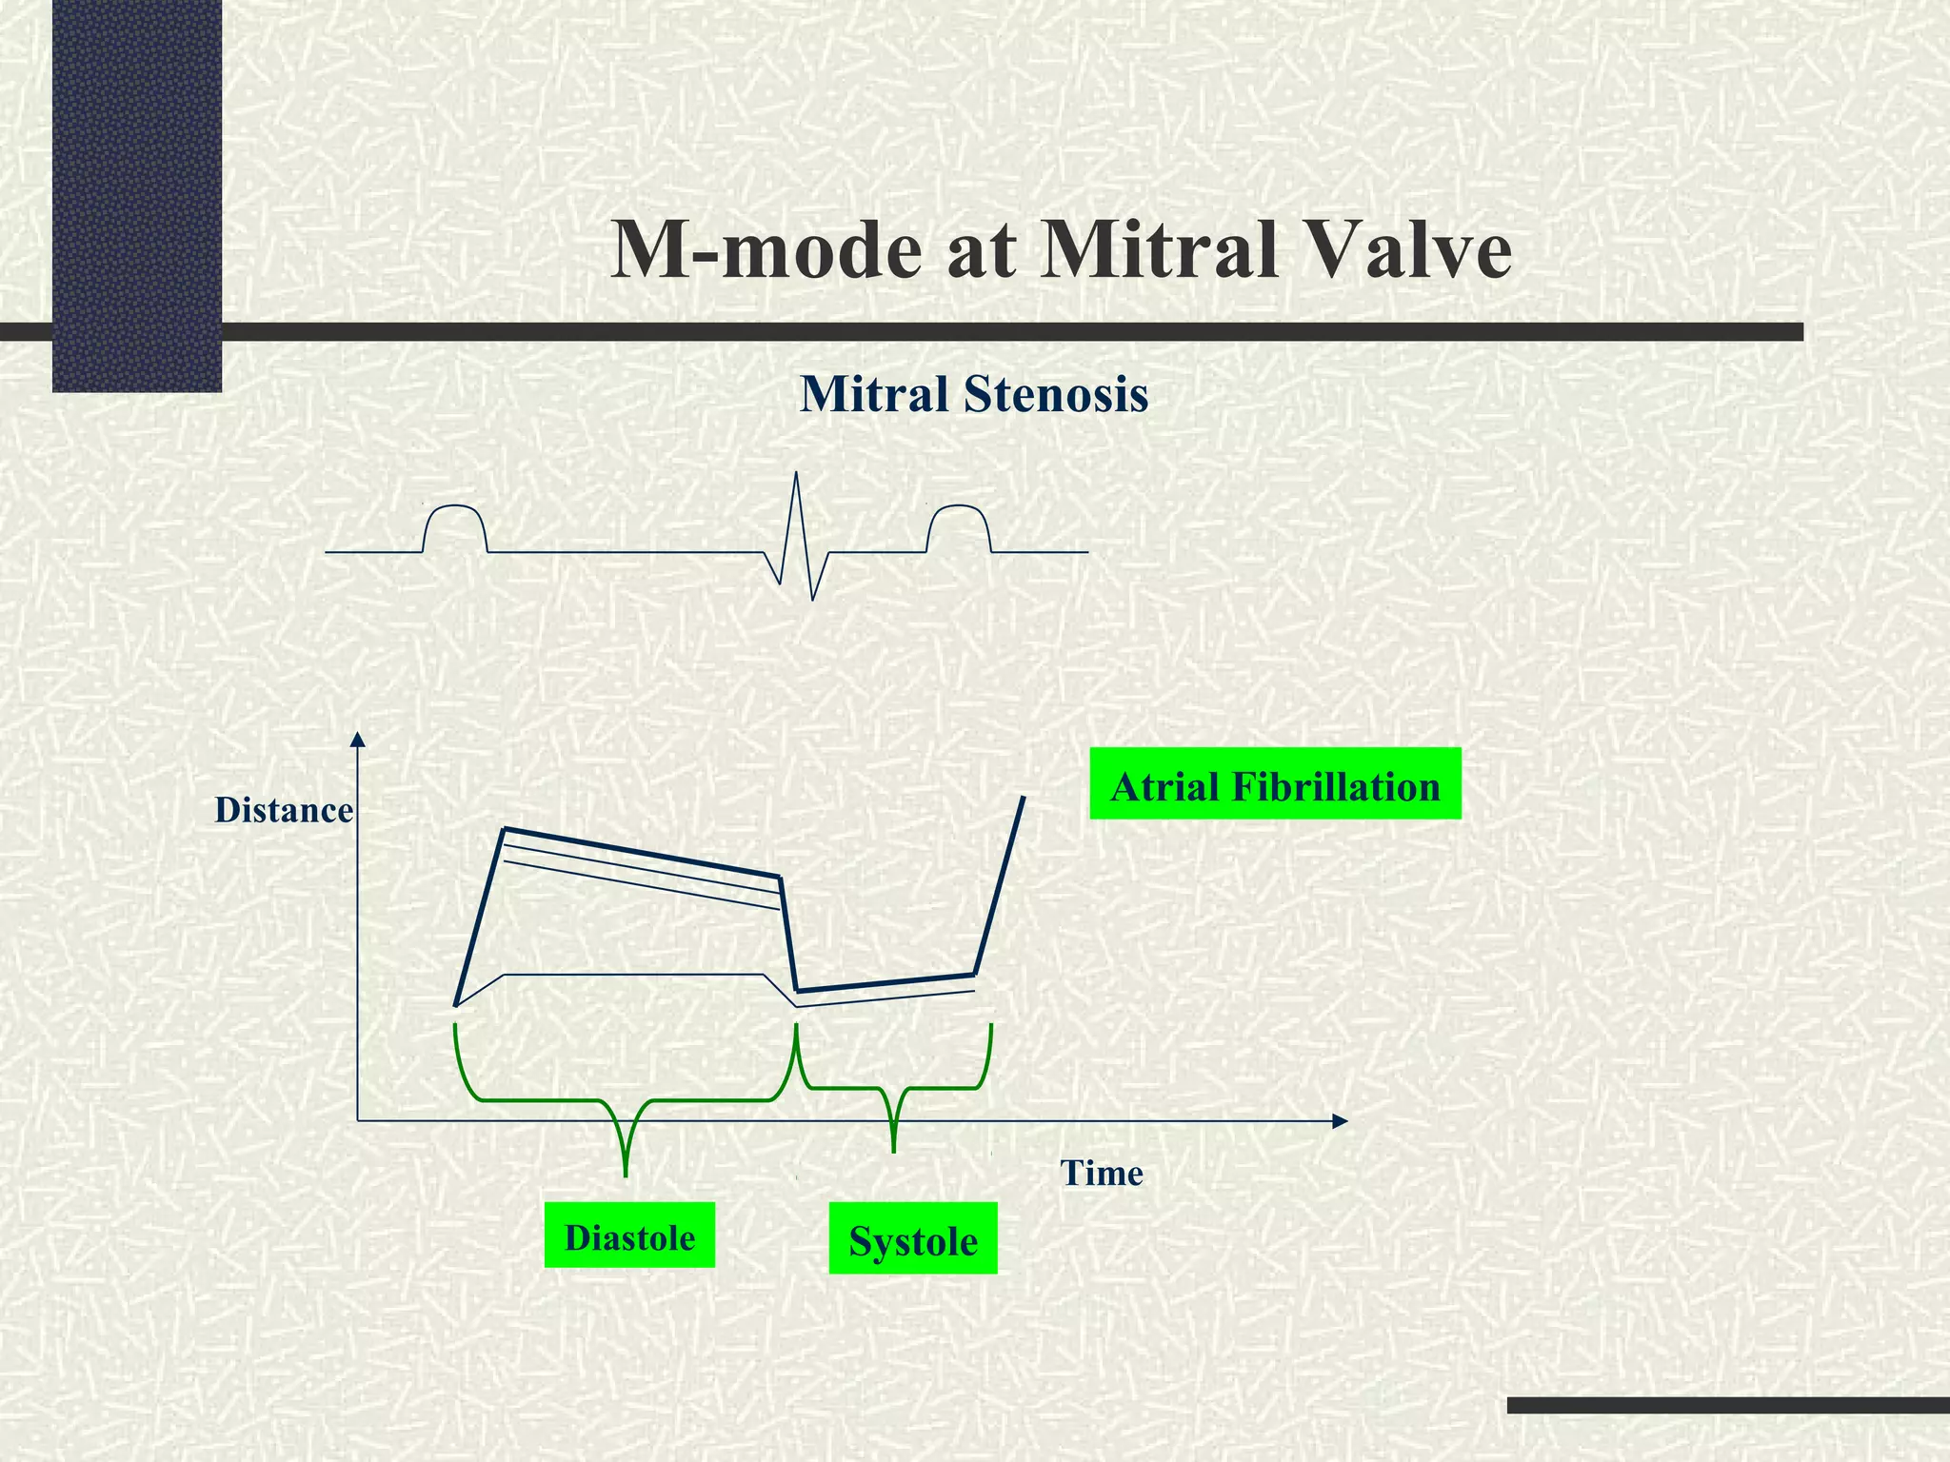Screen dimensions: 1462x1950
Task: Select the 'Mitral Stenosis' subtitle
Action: [974, 395]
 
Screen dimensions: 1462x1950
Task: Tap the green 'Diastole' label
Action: [629, 1235]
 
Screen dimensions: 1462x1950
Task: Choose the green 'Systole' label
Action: [913, 1238]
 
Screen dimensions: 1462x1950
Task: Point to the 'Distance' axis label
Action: [284, 810]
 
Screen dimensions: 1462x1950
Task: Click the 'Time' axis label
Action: [1102, 1173]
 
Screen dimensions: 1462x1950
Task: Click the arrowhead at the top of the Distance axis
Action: [358, 740]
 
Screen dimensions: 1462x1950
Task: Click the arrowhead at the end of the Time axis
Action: [1341, 1121]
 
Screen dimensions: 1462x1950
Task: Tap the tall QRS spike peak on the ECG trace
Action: [797, 474]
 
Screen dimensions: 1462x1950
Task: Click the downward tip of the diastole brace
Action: [626, 1174]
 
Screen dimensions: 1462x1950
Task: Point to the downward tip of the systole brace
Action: [893, 1150]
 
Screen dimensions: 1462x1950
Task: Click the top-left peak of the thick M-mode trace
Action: [505, 830]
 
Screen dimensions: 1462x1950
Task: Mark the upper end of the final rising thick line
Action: [1024, 798]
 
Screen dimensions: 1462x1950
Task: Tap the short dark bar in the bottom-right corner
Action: [1728, 1405]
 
